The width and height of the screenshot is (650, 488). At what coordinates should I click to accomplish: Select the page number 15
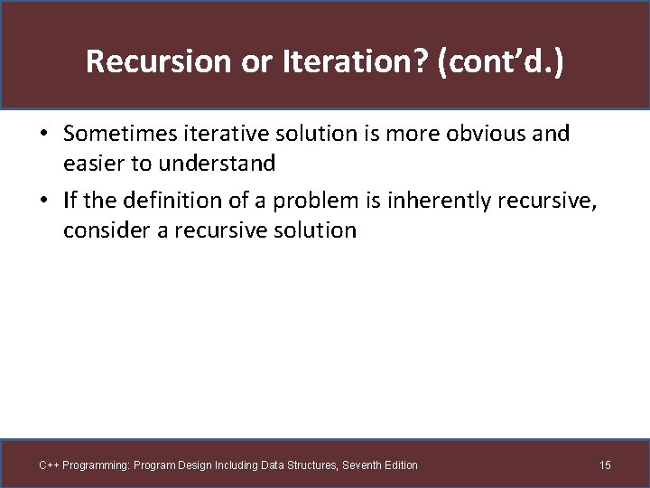(605, 465)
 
